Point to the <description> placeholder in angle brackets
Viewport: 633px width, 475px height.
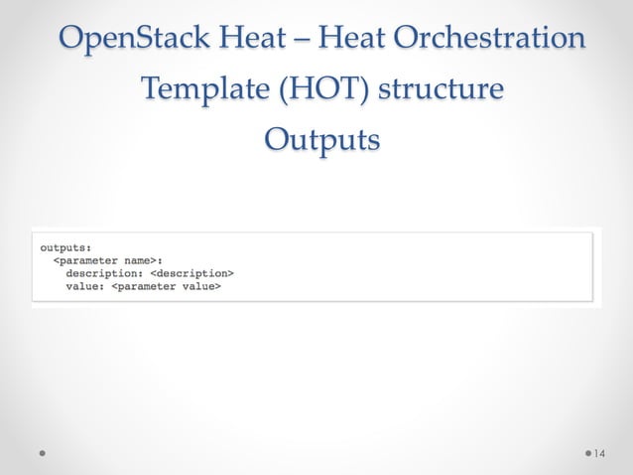(x=191, y=272)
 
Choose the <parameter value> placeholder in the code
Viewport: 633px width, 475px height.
(x=166, y=286)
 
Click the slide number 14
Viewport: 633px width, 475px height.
(x=598, y=453)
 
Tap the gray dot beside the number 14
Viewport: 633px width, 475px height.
(x=588, y=453)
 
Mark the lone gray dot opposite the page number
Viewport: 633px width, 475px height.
(x=44, y=453)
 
